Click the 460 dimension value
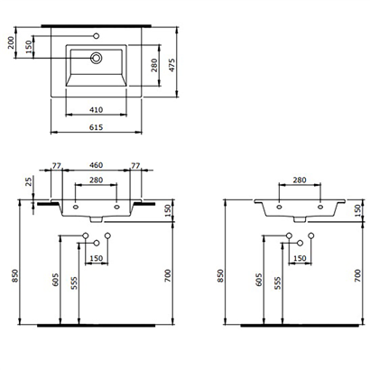click(x=96, y=167)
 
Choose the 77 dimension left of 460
click(x=57, y=167)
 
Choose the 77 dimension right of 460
click(x=135, y=167)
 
